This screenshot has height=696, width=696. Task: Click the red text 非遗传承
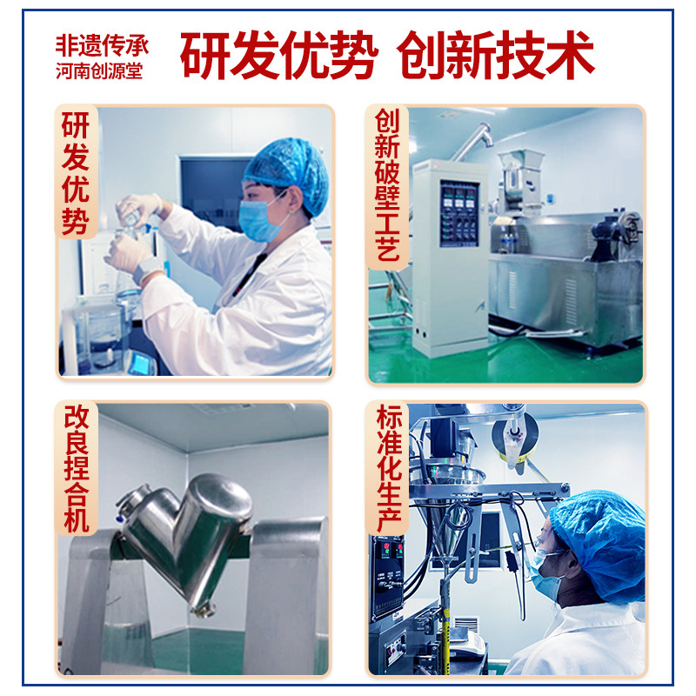pos(102,46)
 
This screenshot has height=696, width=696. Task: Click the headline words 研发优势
pos(278,56)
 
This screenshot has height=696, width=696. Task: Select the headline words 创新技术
pos(495,56)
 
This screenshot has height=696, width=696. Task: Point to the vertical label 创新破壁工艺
pos(387,184)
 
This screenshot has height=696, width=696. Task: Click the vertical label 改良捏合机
pos(77,468)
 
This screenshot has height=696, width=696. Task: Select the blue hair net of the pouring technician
pos(287,173)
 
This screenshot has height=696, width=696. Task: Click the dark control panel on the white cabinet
pos(459,213)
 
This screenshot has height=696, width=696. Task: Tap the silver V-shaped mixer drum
pos(185,535)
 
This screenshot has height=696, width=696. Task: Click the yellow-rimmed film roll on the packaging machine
pos(515,438)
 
